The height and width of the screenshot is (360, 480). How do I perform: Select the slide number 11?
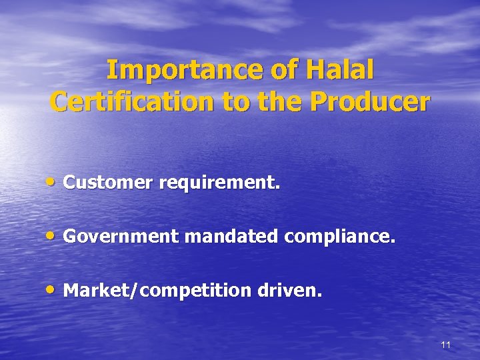point(446,345)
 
